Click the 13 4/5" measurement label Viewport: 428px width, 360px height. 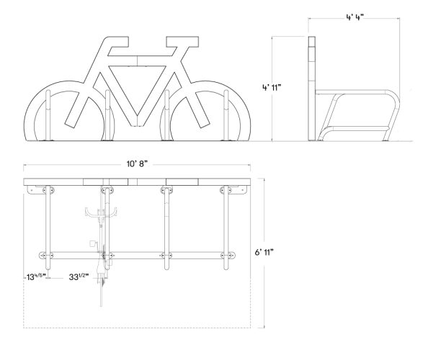(x=35, y=276)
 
